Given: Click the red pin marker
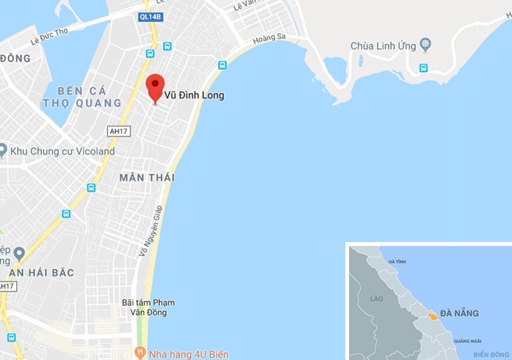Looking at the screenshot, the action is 155,86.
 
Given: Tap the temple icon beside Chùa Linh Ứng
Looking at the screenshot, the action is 424,44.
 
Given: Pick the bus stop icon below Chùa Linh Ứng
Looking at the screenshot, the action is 424,67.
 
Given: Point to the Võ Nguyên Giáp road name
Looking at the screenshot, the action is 150,230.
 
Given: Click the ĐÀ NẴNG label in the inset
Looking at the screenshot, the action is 459,313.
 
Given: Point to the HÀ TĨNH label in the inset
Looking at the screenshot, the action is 396,261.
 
